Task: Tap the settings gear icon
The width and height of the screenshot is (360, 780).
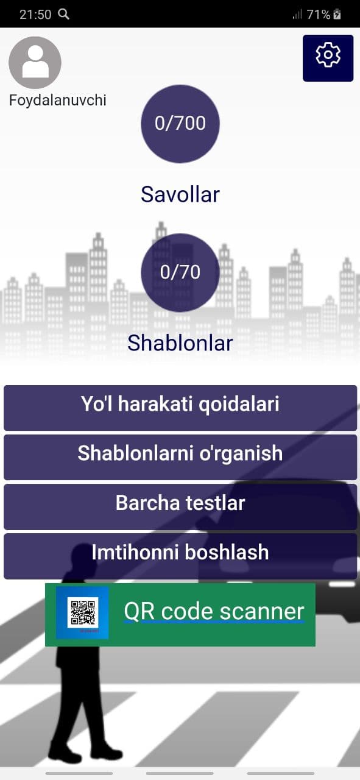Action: [x=328, y=55]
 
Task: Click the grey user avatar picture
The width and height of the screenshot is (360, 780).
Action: [x=35, y=63]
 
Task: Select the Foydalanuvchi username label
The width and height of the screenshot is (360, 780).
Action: [x=57, y=101]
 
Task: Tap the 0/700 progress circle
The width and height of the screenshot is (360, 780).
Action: [x=180, y=124]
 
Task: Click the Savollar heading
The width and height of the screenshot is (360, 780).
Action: [x=180, y=194]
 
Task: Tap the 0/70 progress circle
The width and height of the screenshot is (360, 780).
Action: [x=180, y=272]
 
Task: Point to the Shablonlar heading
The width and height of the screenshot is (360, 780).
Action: [x=180, y=343]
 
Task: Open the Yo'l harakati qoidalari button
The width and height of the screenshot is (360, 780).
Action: [x=180, y=408]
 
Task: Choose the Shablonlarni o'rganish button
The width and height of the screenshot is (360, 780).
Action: [x=180, y=457]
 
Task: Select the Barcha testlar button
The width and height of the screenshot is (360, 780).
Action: [x=180, y=506]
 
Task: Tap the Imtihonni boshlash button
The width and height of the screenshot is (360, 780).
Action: [x=180, y=556]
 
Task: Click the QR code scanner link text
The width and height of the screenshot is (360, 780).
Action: [x=214, y=611]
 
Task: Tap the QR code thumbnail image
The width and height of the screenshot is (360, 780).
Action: [x=82, y=612]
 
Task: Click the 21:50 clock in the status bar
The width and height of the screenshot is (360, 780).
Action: [x=35, y=14]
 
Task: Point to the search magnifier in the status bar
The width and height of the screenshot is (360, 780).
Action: [x=63, y=14]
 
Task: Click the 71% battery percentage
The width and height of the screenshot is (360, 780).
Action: [x=318, y=14]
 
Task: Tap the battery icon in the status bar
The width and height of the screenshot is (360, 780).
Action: [x=337, y=14]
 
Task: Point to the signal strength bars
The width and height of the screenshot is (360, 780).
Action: [x=297, y=14]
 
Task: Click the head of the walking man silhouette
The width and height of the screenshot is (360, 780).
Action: [x=82, y=554]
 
